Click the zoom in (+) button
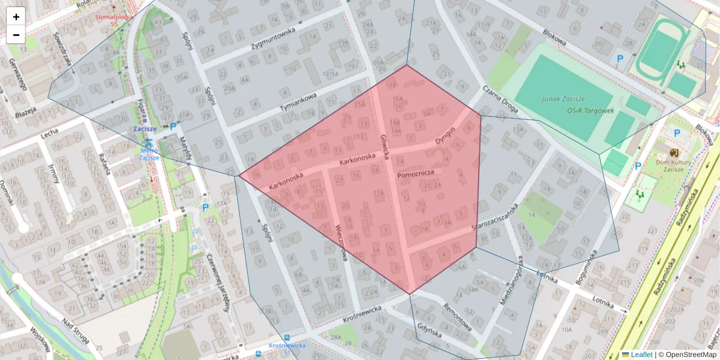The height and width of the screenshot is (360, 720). [16, 17]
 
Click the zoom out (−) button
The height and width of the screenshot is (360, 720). [16, 35]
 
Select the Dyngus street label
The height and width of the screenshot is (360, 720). [446, 136]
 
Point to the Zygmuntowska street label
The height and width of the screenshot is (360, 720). [274, 38]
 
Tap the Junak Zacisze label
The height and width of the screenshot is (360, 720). [563, 99]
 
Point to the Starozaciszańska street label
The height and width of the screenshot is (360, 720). [495, 218]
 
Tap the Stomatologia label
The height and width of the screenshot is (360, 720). [113, 17]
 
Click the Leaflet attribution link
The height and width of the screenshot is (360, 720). [641, 355]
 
